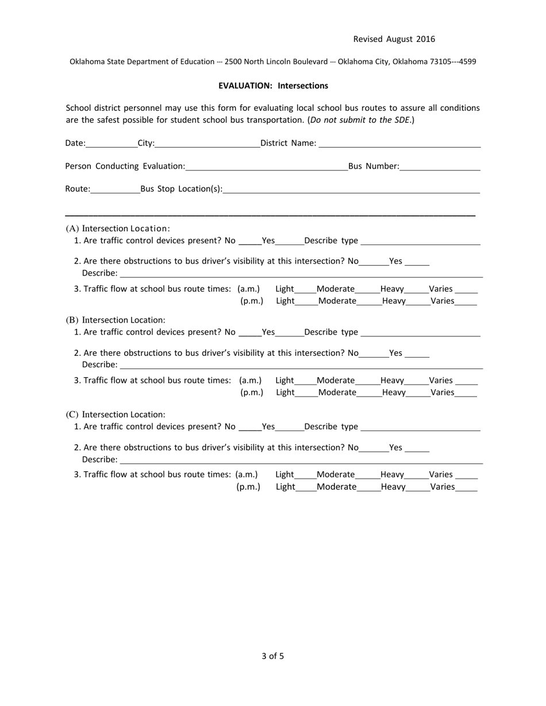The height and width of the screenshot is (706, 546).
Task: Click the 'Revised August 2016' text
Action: click(394, 39)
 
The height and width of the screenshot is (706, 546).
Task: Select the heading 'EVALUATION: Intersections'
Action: click(273, 86)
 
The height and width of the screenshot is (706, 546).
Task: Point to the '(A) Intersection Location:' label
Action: click(118, 228)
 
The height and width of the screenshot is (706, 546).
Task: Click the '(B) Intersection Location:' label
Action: click(116, 320)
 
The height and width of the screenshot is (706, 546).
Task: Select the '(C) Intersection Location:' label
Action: click(116, 414)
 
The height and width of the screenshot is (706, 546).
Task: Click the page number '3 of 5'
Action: click(272, 656)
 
